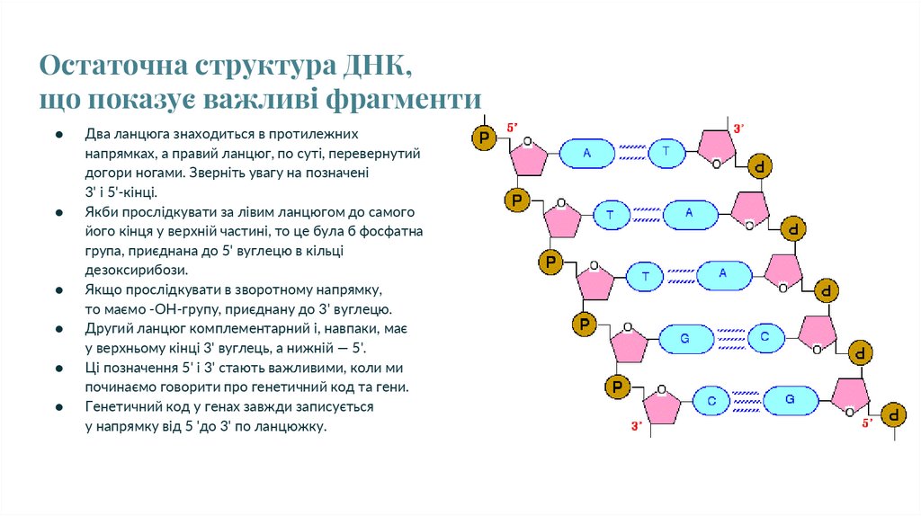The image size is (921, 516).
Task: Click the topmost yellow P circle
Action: coord(485,138)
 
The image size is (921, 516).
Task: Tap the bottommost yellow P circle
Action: coord(616,387)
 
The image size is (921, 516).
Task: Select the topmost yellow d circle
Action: coord(761,167)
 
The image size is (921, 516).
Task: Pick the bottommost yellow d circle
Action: coord(893,414)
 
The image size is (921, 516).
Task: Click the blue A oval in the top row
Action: coord(586,154)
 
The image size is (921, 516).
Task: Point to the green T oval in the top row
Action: coord(666,153)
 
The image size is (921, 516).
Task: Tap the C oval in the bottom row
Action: coord(710,399)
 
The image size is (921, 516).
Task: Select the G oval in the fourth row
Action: coord(684,339)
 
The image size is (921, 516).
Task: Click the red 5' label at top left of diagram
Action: coord(512,128)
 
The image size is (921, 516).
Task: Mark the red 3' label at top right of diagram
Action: coord(738,129)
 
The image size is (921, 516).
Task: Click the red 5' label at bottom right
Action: coord(868,423)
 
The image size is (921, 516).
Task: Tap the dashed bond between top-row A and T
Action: coord(627,154)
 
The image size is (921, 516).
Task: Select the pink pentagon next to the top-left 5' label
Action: coord(528,158)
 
